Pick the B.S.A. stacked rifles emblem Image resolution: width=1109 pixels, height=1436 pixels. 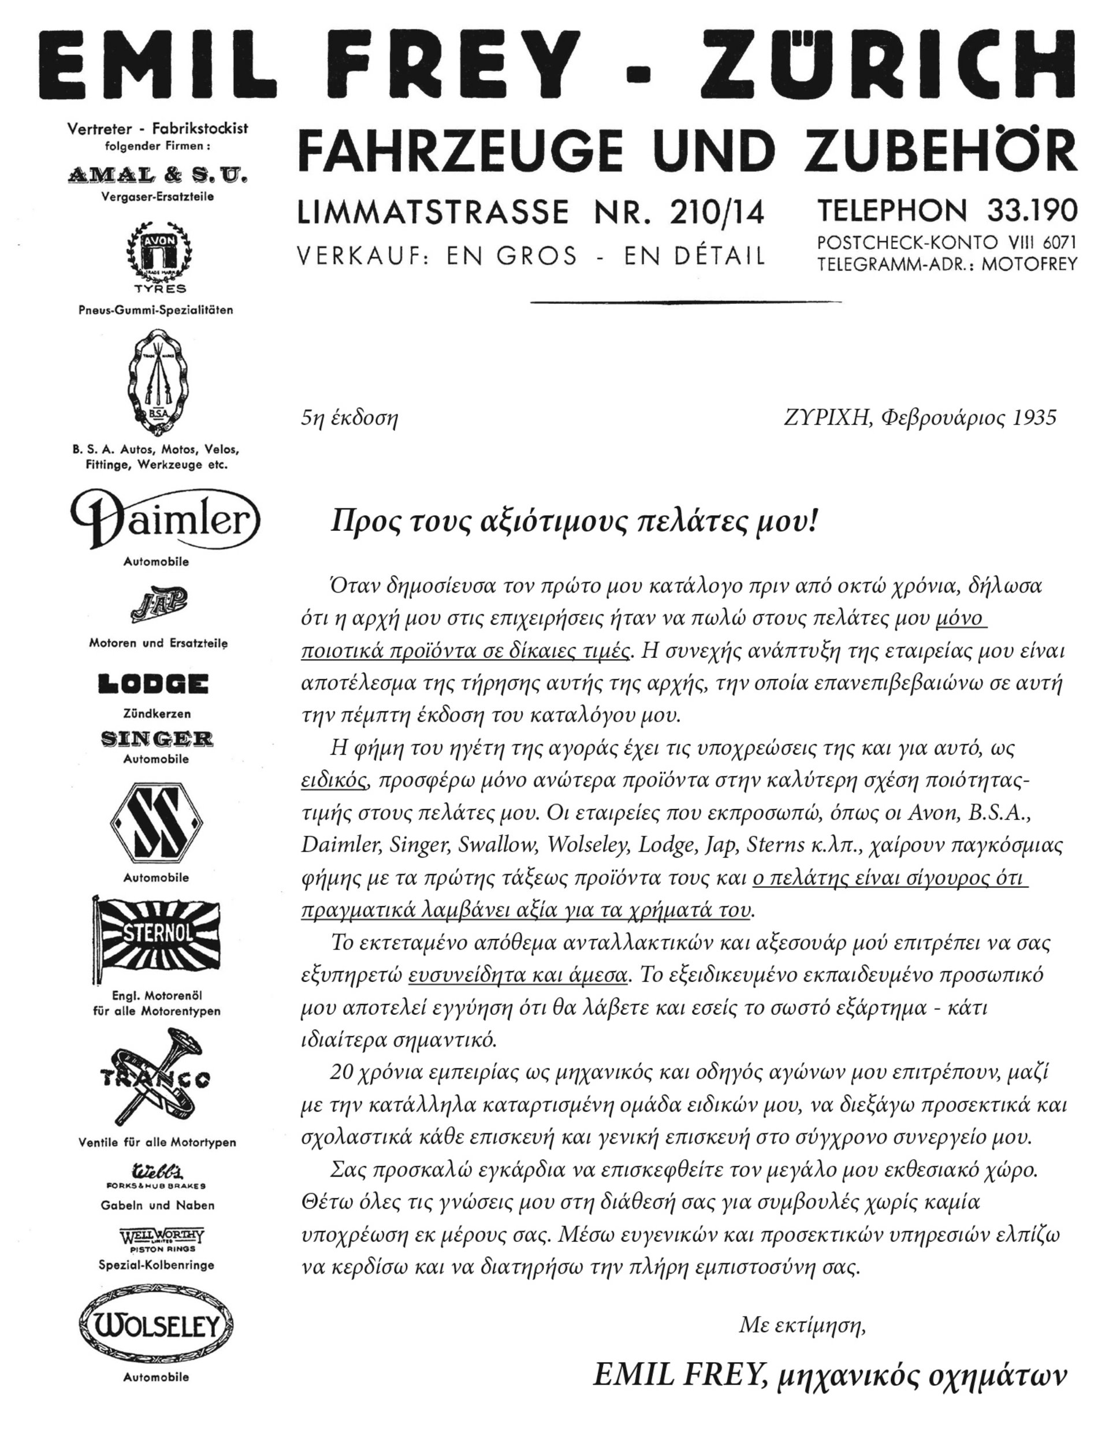(x=156, y=382)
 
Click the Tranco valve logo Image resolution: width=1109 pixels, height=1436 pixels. (x=156, y=1079)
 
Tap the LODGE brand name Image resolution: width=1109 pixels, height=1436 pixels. (x=153, y=684)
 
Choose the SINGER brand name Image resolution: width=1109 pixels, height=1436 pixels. (x=157, y=739)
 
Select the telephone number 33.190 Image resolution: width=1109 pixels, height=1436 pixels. (x=1032, y=210)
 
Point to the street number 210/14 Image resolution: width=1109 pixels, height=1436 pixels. (x=717, y=212)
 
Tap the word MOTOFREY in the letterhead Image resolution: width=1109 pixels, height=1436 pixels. (x=1029, y=265)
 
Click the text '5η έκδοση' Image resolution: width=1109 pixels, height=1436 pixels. (x=349, y=418)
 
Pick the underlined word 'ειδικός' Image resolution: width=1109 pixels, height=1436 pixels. (x=333, y=780)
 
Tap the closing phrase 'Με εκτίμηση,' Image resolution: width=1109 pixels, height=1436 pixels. (x=802, y=1325)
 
